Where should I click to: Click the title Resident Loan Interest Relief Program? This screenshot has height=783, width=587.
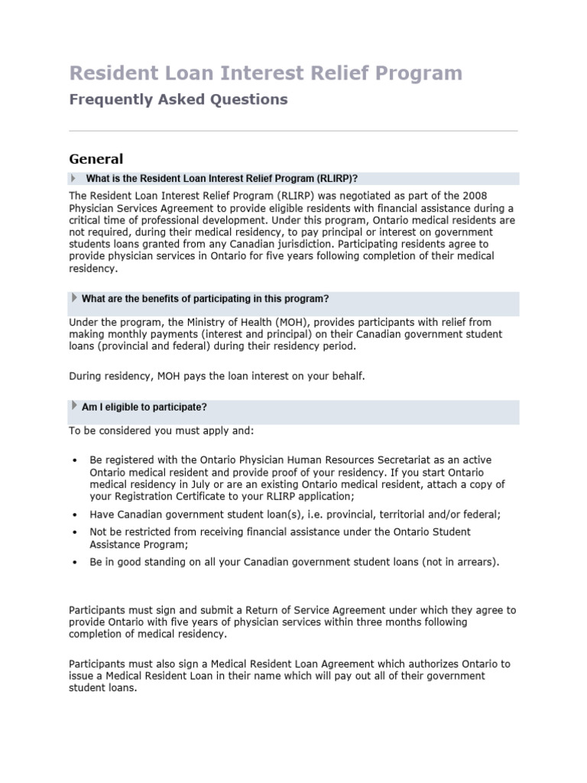[x=265, y=73]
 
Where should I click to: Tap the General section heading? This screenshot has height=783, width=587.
[x=96, y=159]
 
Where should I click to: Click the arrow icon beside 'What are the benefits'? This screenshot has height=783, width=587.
[x=74, y=297]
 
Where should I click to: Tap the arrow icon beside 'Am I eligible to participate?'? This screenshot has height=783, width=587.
[x=74, y=406]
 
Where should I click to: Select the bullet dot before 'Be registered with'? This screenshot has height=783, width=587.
[x=74, y=460]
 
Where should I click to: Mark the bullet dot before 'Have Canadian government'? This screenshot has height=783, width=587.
[x=74, y=515]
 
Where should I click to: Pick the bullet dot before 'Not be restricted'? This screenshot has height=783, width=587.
[x=74, y=532]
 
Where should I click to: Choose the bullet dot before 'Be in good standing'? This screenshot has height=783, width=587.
[x=74, y=563]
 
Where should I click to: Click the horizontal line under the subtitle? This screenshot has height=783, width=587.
[x=293, y=131]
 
